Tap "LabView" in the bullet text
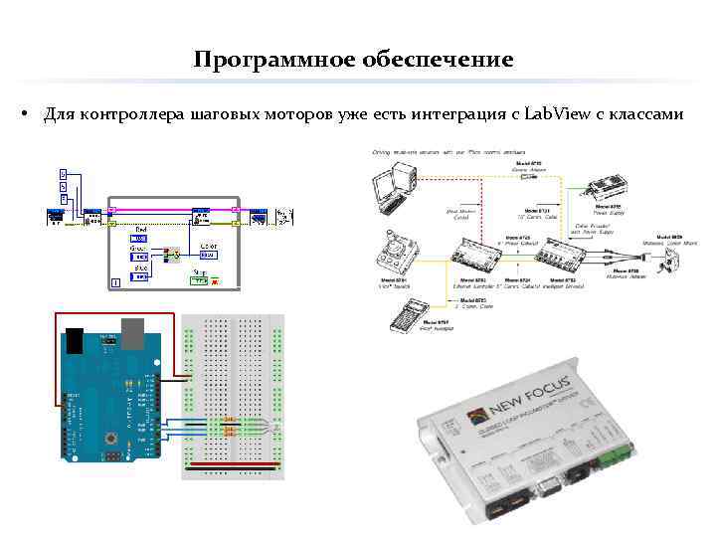tap(558, 114)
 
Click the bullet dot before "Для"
tap(22, 114)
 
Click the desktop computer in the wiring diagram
tap(394, 184)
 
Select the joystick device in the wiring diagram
tap(398, 250)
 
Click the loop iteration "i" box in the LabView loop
tap(116, 283)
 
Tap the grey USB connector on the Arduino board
tap(132, 334)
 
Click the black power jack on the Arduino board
tap(76, 339)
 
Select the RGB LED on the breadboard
tap(228, 427)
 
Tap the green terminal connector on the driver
tap(613, 456)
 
